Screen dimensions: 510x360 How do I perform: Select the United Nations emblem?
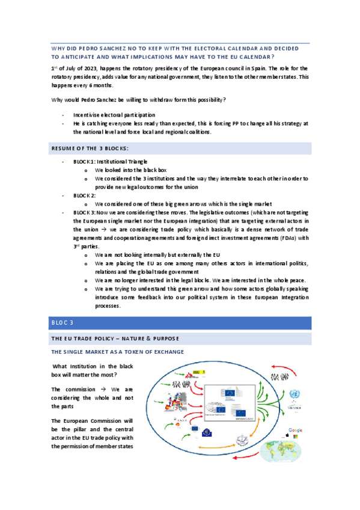pyautogui.click(x=294, y=395)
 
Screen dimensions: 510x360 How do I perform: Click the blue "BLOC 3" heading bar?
pyautogui.click(x=180, y=323)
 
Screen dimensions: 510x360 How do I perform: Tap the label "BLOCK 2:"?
pyautogui.click(x=84, y=195)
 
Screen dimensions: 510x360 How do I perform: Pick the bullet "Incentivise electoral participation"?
pyautogui.click(x=114, y=114)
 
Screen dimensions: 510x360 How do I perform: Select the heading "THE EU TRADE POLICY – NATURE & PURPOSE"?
pyautogui.click(x=114, y=339)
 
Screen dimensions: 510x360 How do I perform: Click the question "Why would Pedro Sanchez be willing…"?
pyautogui.click(x=141, y=99)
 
